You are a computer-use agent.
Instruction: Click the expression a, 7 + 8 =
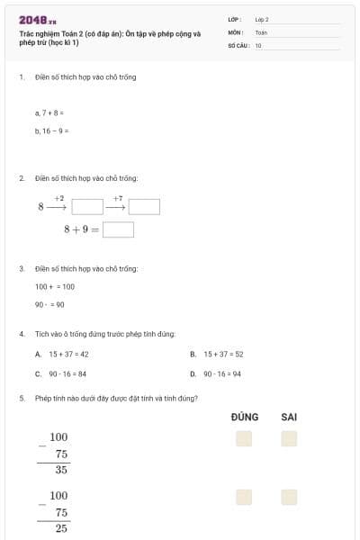click(49, 113)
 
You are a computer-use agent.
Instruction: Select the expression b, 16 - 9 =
click(51, 130)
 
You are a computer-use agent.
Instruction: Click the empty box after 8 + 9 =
click(119, 229)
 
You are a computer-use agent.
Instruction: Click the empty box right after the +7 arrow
click(144, 207)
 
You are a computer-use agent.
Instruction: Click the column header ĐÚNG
click(244, 417)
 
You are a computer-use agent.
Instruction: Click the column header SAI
click(289, 417)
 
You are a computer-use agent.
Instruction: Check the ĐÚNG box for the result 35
click(244, 438)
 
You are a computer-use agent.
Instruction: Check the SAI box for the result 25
click(289, 497)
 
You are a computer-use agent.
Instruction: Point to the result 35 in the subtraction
click(61, 470)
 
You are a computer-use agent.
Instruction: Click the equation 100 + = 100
click(55, 286)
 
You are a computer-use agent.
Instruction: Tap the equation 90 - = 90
click(49, 304)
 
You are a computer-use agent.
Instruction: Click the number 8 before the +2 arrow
click(40, 207)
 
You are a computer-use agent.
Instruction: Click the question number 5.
click(22, 398)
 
